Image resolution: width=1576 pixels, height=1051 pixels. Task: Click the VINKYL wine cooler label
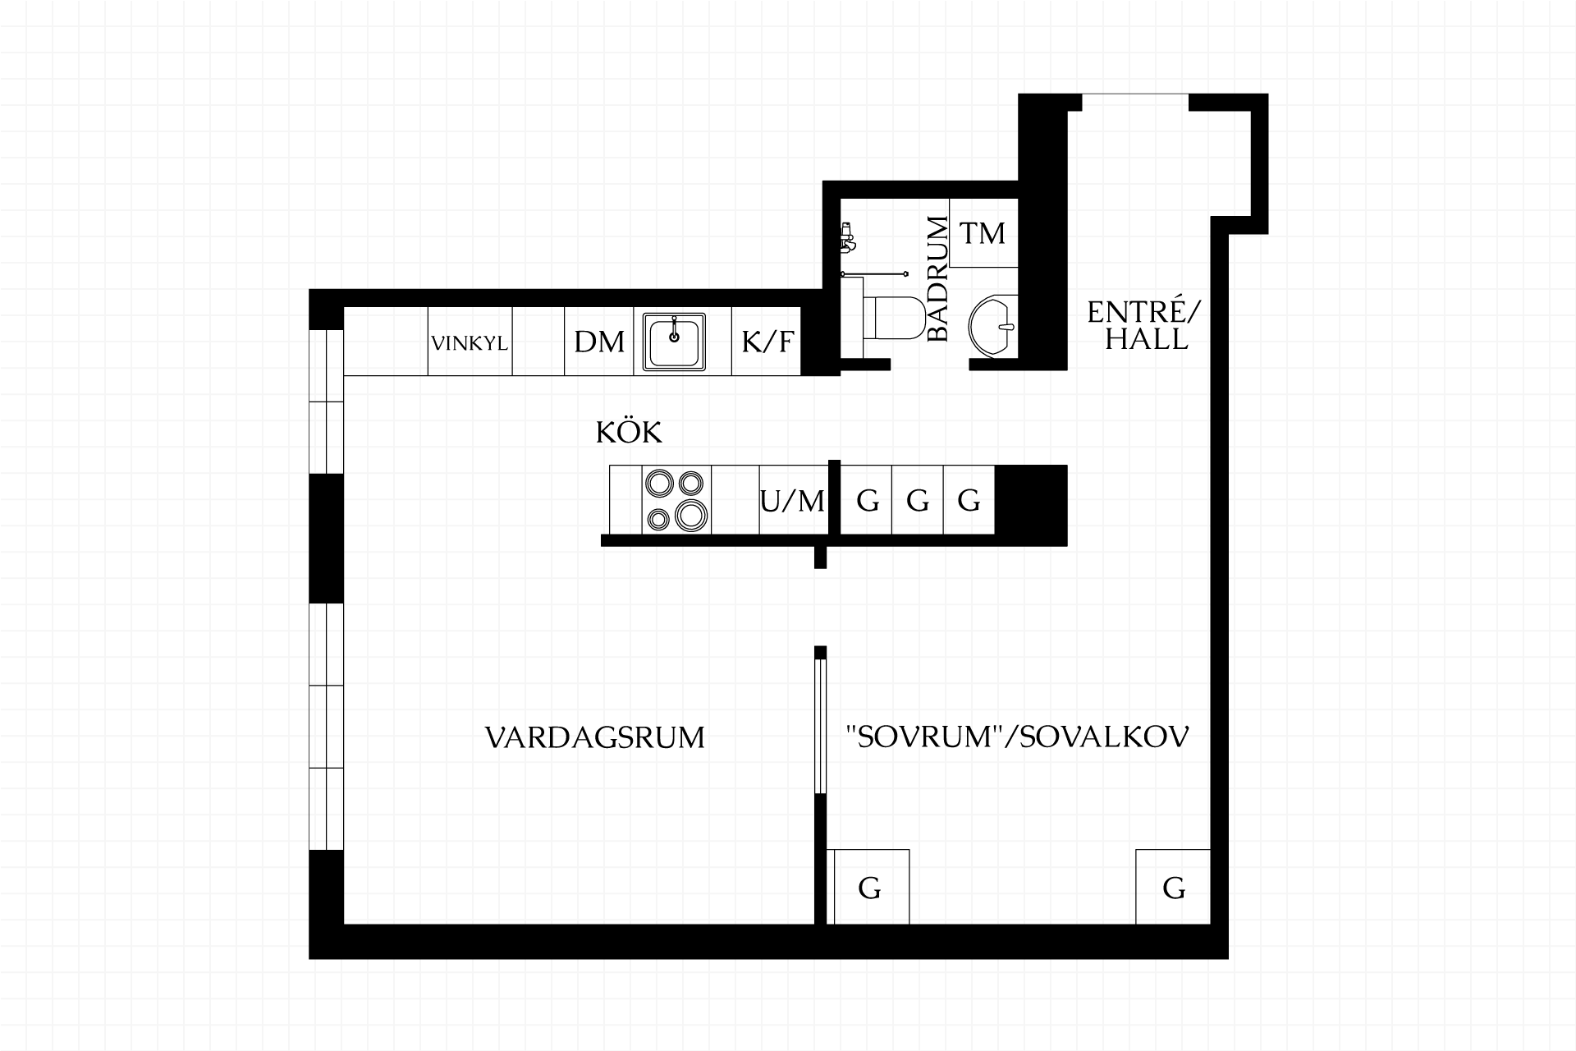coord(470,342)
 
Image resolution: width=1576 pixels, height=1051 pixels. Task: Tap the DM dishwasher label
coord(599,342)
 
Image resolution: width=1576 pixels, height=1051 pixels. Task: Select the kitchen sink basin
coord(674,342)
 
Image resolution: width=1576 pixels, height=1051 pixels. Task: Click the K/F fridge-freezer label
coord(767,342)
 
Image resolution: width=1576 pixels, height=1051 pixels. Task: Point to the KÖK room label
coord(629,432)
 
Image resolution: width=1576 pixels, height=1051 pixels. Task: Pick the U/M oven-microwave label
coord(792,500)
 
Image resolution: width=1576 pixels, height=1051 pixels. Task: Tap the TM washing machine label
coord(983,233)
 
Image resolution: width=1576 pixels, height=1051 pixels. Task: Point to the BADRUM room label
coord(937,278)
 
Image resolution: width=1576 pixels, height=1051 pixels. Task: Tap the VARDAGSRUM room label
coord(595,737)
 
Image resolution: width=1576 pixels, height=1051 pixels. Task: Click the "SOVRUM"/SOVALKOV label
coord(1017,737)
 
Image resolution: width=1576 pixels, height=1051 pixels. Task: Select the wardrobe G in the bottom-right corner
coord(1174,887)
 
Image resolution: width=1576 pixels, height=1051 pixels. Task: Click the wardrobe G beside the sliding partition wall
coord(869,887)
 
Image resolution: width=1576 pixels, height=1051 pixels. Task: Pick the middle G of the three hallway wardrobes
coord(918,500)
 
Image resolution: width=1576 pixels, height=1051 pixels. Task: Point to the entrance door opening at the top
coord(1135,103)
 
